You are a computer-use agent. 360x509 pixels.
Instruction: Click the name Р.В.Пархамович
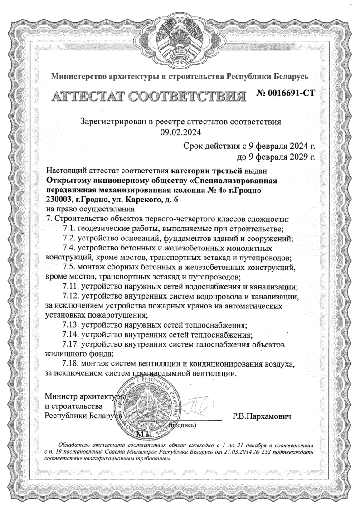point(261,416)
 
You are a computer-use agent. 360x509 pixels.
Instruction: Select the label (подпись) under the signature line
point(182,425)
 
